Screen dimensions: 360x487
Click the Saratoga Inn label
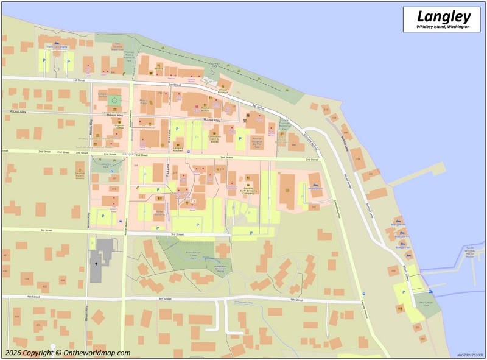(315, 188)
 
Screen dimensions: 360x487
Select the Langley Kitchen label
(178, 149)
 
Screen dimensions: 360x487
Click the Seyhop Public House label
(80, 173)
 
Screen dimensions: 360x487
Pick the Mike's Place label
(144, 102)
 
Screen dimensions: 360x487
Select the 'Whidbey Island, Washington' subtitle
(443, 27)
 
